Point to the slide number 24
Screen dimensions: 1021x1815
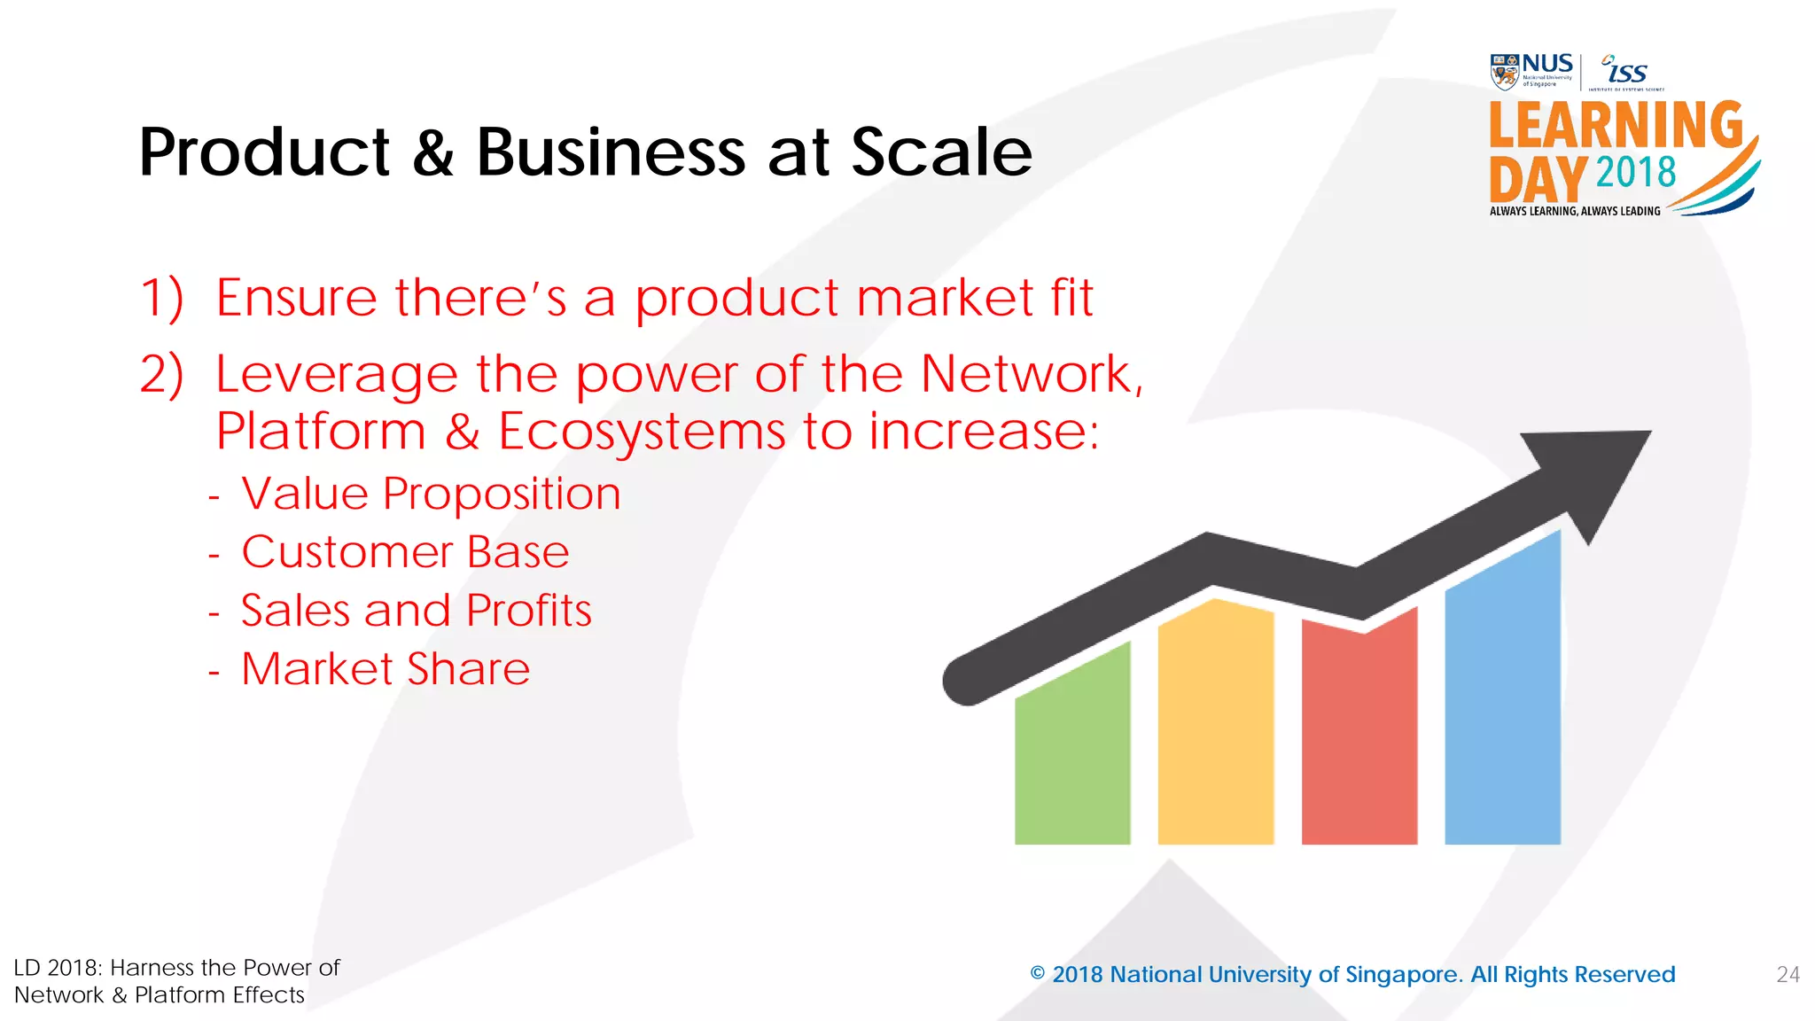(1788, 975)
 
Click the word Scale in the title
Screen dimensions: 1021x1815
(941, 152)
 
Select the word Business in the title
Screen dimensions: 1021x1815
(611, 152)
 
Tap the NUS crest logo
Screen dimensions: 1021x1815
(1505, 72)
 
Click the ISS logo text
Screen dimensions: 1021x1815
(1626, 71)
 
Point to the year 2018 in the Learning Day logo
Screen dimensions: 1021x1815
(1636, 172)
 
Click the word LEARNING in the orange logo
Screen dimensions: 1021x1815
(1616, 125)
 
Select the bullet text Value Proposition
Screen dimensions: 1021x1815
(431, 494)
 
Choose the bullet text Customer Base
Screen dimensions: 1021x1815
(405, 552)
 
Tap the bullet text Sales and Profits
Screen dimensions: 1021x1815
(416, 611)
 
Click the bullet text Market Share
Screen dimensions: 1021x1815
(386, 669)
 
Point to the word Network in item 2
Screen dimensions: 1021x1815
(1026, 374)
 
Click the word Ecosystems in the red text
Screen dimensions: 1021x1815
(642, 432)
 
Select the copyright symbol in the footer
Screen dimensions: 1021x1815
(1038, 974)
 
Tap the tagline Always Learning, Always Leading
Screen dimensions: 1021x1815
(1575, 211)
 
